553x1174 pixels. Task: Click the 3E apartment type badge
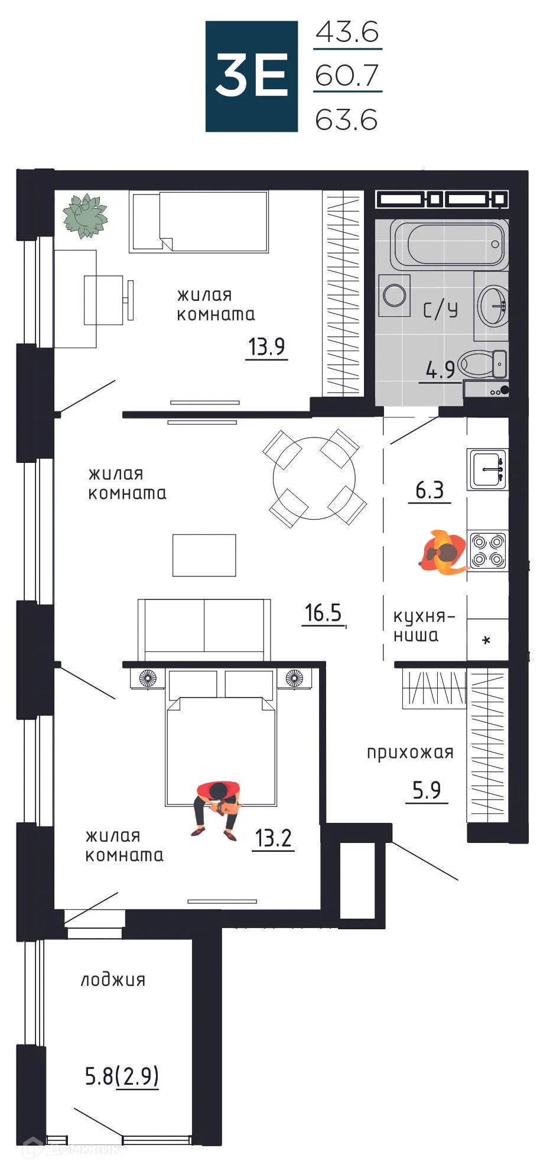pyautogui.click(x=251, y=76)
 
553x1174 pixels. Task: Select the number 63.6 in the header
pyautogui.click(x=346, y=120)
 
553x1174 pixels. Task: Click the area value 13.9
pyautogui.click(x=266, y=346)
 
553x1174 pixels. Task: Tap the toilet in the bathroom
pyautogui.click(x=483, y=363)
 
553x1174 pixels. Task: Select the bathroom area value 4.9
pyautogui.click(x=440, y=370)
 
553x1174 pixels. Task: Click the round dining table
pyautogui.click(x=314, y=478)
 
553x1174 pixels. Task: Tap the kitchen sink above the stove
pyautogui.click(x=487, y=469)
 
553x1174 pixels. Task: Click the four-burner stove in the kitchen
pyautogui.click(x=488, y=550)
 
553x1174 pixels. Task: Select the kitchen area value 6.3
pyautogui.click(x=430, y=490)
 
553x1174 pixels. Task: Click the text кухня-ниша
pyautogui.click(x=423, y=626)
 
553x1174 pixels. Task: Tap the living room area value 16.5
pyautogui.click(x=323, y=613)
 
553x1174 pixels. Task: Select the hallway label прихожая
pyautogui.click(x=410, y=753)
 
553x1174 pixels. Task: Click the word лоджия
pyautogui.click(x=113, y=980)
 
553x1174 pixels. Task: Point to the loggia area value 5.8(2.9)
pyautogui.click(x=122, y=1076)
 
